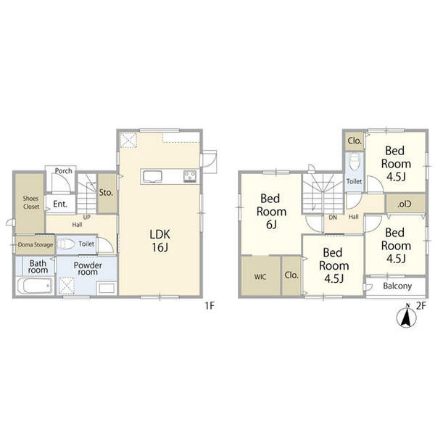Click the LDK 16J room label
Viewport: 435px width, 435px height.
(159, 241)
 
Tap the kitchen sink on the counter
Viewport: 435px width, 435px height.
(152, 176)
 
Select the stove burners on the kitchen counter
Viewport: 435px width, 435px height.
(190, 176)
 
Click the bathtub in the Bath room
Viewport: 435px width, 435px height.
(35, 286)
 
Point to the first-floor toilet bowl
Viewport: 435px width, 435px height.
(66, 244)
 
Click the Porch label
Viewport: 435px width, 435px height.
(64, 171)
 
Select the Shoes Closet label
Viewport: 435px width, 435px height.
(31, 202)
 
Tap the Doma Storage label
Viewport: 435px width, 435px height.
(36, 245)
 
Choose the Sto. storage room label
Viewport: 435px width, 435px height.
(106, 193)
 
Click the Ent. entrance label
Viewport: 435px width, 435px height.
(60, 204)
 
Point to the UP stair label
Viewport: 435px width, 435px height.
(87, 217)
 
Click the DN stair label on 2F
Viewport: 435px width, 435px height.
(333, 217)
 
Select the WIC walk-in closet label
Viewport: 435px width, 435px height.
(260, 277)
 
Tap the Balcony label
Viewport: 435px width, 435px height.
(397, 286)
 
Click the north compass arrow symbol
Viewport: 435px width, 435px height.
(407, 317)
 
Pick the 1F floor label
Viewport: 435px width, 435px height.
(210, 306)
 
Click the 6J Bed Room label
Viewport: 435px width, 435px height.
(271, 212)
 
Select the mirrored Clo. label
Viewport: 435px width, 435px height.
(405, 204)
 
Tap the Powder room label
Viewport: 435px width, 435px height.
(88, 268)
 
